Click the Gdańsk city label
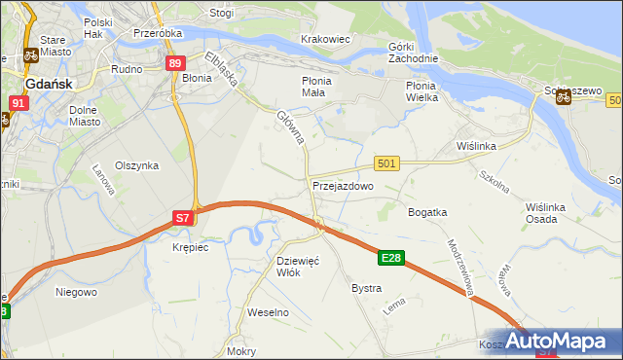tap(47, 84)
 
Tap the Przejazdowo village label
tap(343, 185)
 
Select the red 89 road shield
tap(174, 63)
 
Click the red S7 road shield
tap(183, 219)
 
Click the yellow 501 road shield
tap(386, 163)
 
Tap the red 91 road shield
tap(19, 102)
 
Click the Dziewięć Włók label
tap(298, 267)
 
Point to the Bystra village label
tap(366, 289)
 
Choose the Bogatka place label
tap(427, 211)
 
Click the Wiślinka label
tap(477, 146)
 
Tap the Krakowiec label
tap(326, 39)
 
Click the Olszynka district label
tap(136, 165)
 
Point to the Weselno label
tap(269, 312)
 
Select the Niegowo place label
tap(76, 291)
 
